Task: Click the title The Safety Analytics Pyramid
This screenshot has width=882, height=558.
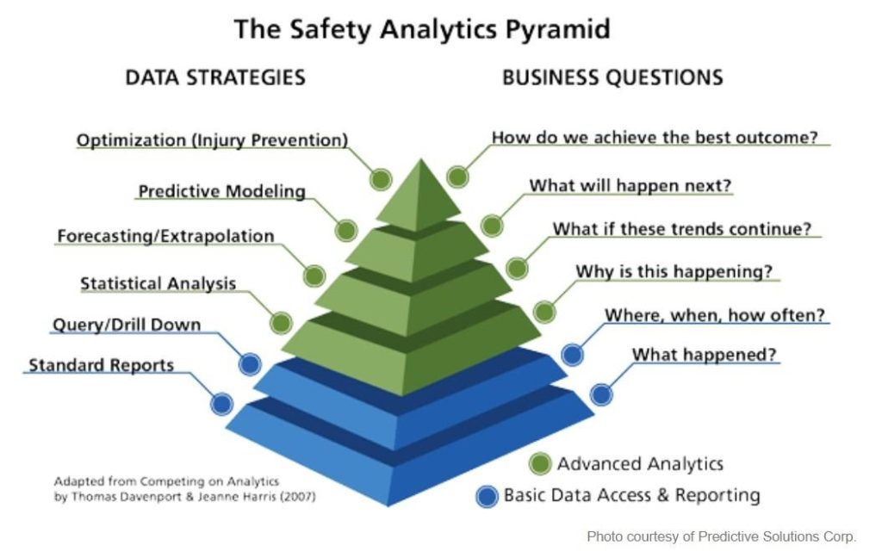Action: pos(422,29)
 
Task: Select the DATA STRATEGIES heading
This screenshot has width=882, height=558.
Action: pos(215,77)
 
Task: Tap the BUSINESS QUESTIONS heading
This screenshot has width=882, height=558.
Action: pos(612,77)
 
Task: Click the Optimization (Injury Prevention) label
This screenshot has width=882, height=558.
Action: pos(212,140)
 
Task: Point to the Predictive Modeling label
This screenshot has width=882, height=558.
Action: pos(221,191)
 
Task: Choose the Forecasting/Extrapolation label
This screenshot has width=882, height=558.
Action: pos(165,236)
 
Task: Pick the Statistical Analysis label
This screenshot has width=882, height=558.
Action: pos(158,283)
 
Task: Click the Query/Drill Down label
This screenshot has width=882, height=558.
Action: pos(127,325)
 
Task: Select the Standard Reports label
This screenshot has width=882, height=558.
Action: pos(102,365)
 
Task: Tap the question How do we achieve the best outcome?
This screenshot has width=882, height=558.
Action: pos(655,137)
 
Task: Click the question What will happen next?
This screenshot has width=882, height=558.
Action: pos(630,185)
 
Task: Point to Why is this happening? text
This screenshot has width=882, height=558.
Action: pos(674,271)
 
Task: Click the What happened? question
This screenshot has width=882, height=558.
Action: pos(704,355)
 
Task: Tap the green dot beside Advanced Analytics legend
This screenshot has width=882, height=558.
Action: pos(540,464)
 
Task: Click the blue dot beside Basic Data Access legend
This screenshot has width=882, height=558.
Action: pos(487,496)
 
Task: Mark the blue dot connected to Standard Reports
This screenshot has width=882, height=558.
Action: pos(221,404)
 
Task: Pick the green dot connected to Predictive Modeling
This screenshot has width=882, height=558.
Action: pos(346,230)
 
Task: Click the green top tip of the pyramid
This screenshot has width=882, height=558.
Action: pos(420,160)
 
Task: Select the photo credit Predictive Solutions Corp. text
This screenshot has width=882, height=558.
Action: pos(722,536)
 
